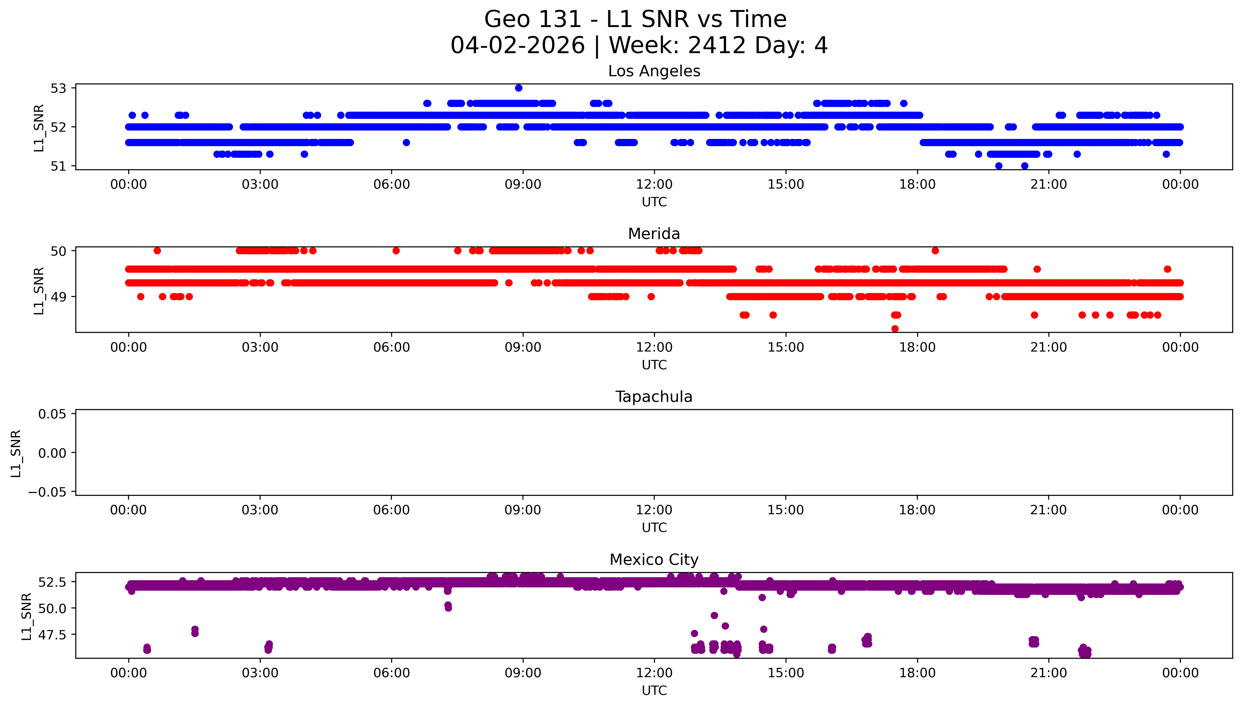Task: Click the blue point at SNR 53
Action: [519, 88]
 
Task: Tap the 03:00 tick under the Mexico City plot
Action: [260, 673]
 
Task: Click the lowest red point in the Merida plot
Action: [895, 329]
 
